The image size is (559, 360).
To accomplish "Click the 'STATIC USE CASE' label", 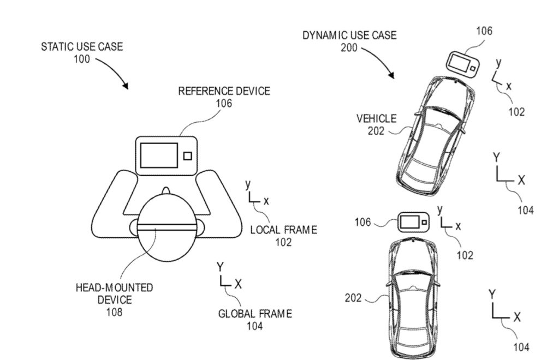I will pyautogui.click(x=82, y=46).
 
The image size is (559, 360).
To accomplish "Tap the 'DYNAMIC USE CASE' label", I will pyautogui.click(x=349, y=35).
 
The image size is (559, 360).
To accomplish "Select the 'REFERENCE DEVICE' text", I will pyautogui.click(x=224, y=91).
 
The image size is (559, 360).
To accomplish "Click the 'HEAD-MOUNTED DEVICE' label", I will pyautogui.click(x=114, y=293).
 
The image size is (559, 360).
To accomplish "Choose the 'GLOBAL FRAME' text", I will pyautogui.click(x=255, y=314).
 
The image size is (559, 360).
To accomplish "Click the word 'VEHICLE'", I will pyautogui.click(x=377, y=118).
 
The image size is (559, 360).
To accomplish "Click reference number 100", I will pyautogui.click(x=82, y=59).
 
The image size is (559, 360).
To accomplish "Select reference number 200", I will pyautogui.click(x=349, y=48).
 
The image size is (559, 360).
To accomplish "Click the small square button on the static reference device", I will pyautogui.click(x=187, y=156).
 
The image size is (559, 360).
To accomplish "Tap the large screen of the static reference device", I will pyautogui.click(x=159, y=155).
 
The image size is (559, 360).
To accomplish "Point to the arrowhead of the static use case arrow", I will pyautogui.click(x=126, y=86).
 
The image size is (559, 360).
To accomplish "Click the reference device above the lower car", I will pyautogui.click(x=413, y=222).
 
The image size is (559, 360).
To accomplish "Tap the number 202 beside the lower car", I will pyautogui.click(x=353, y=298).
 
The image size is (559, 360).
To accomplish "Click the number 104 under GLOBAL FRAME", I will pyautogui.click(x=254, y=326).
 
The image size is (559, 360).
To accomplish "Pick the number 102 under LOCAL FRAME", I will pyautogui.click(x=283, y=242).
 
